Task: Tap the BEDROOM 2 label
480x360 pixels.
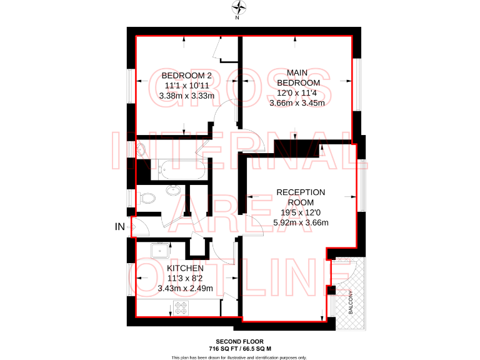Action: [x=187, y=76]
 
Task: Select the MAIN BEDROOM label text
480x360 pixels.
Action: [x=298, y=77]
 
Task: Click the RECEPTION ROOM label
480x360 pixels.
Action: [x=301, y=197]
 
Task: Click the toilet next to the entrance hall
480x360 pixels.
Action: [x=147, y=199]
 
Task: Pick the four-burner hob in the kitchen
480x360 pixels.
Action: [x=181, y=307]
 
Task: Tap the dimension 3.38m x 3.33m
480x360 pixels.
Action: [x=187, y=96]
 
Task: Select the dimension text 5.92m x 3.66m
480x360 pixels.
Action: [x=301, y=222]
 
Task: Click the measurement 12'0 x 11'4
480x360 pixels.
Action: [x=298, y=92]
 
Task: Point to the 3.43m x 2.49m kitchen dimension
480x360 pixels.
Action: [x=186, y=288]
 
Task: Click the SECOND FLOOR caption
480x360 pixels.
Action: [x=240, y=342]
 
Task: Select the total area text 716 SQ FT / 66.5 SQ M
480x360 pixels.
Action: [x=240, y=348]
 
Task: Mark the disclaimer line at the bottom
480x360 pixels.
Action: [x=240, y=357]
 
